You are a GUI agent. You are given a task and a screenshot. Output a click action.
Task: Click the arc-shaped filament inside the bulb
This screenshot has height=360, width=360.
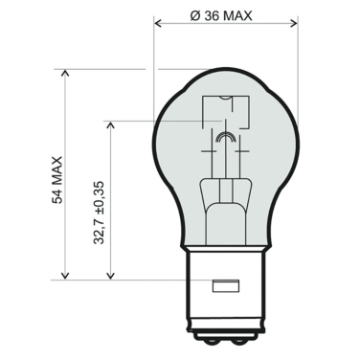tap(226, 141)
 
